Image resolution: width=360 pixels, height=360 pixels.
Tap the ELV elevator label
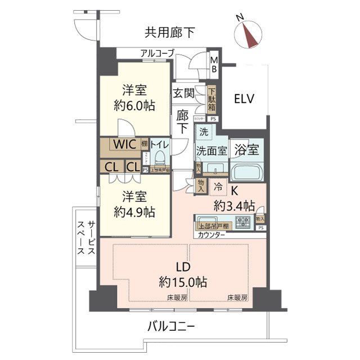coord(244,100)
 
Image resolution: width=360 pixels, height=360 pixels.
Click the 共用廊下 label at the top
coord(169,33)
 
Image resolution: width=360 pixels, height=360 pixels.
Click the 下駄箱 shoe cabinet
coord(212,98)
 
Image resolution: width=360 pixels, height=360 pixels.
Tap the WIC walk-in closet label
coord(123,144)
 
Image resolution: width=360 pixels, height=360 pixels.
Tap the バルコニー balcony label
coord(172,326)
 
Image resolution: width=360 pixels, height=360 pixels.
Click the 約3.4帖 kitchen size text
coord(233,205)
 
